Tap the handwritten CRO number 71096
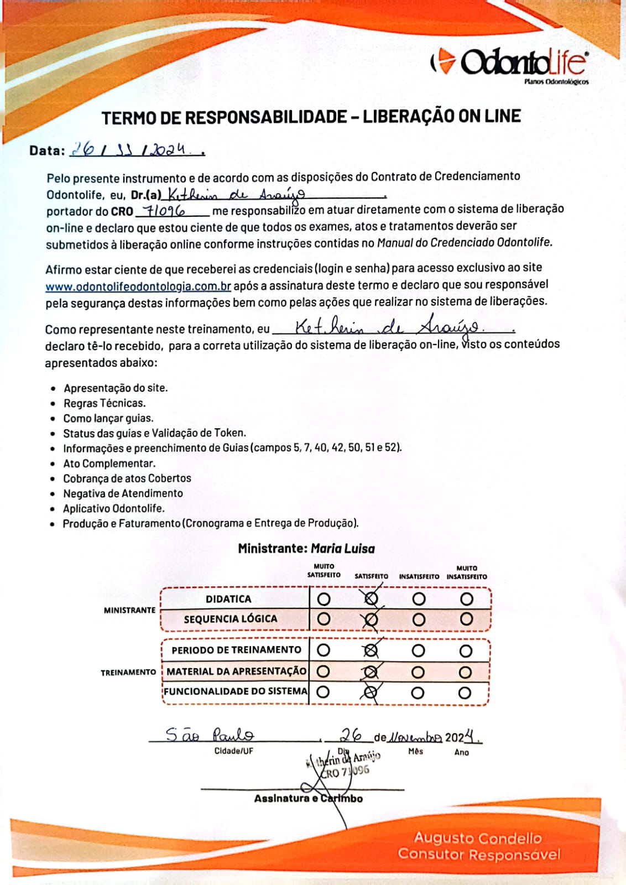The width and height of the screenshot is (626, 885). pos(164,211)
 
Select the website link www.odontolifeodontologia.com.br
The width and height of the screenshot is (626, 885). pos(138,286)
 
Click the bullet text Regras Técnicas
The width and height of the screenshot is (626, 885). pos(105,403)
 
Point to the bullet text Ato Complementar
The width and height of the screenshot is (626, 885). pos(109,464)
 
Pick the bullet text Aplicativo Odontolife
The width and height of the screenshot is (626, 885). pos(113,508)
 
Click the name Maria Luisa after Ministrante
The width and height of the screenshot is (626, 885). pos(343,549)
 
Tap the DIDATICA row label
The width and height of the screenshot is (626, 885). pos(228,599)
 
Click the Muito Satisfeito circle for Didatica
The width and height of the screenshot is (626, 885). pos(324,599)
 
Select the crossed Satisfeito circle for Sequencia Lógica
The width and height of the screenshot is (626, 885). pos(371,619)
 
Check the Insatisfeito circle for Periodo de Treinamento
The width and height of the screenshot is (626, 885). pos(419,650)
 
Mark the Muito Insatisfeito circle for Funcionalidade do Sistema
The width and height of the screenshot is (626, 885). pos(465,693)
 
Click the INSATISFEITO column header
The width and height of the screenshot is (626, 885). pos(419,576)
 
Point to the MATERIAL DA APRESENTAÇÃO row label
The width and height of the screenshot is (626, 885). pos(236,671)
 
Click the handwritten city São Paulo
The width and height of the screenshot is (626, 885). pos(210,735)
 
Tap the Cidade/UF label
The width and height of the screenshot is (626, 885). pos(234,751)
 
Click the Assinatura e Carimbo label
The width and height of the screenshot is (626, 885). pos(308,798)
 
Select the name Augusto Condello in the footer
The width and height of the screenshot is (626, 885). pos(478,837)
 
